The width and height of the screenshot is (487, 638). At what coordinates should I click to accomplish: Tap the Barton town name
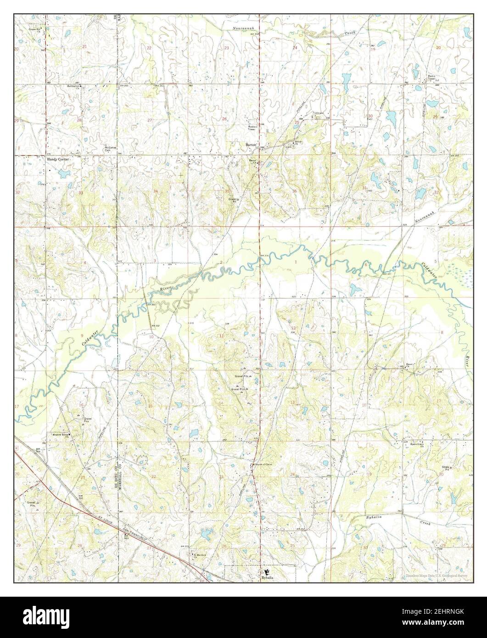pyautogui.click(x=250, y=145)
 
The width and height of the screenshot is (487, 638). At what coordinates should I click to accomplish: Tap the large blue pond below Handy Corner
pyautogui.click(x=64, y=173)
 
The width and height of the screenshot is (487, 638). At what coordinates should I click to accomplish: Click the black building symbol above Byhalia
pyautogui.click(x=267, y=572)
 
